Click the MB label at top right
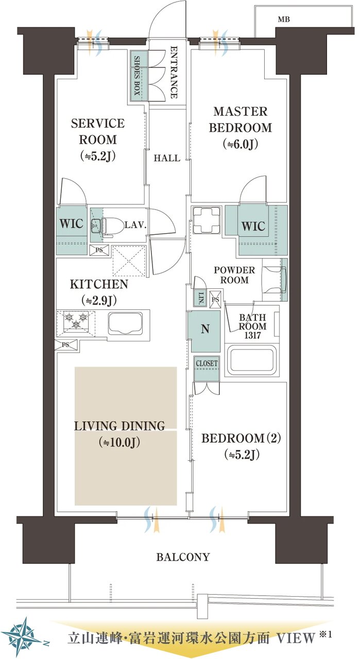pyautogui.click(x=284, y=20)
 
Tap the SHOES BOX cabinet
pyautogui.click(x=139, y=75)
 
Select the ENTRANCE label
pyautogui.click(x=174, y=72)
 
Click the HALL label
pyautogui.click(x=167, y=158)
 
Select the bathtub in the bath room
pyautogui.click(x=253, y=360)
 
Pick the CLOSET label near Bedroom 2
pyautogui.click(x=207, y=363)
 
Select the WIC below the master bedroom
pyautogui.click(x=253, y=226)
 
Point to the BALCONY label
pyautogui.click(x=183, y=557)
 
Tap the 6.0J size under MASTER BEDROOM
pyautogui.click(x=241, y=145)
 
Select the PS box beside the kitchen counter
pyautogui.click(x=66, y=344)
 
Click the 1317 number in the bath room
pyautogui.click(x=252, y=335)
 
